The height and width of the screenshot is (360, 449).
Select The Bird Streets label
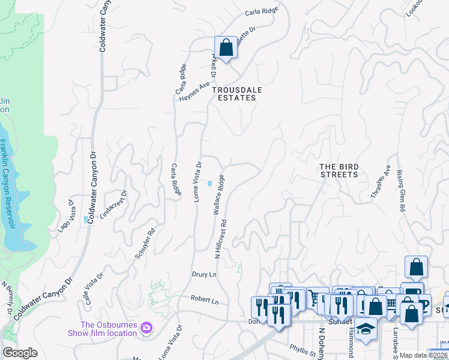[339, 170]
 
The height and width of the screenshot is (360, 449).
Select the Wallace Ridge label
[218, 194]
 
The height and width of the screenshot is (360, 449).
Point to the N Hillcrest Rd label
[221, 238]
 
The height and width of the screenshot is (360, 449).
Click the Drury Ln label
[203, 274]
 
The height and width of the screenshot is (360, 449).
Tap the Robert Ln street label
[205, 298]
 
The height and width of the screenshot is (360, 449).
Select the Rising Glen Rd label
[400, 192]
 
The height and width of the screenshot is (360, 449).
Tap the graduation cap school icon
[365, 329]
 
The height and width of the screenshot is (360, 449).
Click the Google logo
[20, 353]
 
